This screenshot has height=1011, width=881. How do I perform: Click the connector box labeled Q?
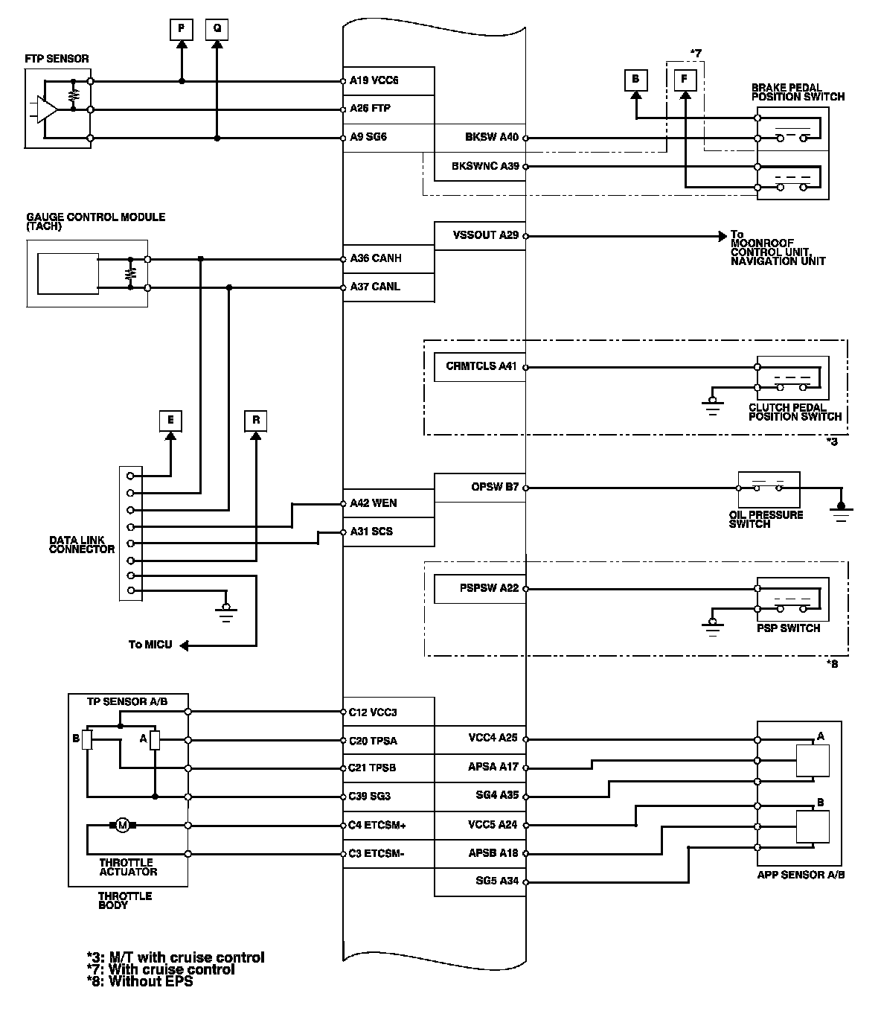point(217,28)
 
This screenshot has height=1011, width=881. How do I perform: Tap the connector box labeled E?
point(170,421)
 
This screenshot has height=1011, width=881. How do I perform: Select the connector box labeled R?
point(256,421)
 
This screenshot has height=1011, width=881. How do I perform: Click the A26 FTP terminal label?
point(370,109)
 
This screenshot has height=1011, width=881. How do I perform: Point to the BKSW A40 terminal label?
point(491,137)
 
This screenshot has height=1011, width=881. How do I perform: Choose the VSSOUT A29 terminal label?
point(485,235)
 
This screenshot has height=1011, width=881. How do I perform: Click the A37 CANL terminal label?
point(374,287)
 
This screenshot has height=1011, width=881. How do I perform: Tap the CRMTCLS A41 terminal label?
point(481,366)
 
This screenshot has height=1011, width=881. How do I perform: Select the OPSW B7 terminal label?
point(495,488)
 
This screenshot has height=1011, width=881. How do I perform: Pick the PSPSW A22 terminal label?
point(488,588)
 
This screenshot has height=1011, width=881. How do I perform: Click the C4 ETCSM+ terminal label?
point(377,825)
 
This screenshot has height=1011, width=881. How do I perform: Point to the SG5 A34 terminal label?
point(497,881)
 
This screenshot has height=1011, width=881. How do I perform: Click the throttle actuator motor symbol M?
point(123,825)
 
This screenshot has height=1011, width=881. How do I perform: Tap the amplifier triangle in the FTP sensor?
point(45,110)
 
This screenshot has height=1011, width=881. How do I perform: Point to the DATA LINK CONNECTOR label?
point(82,545)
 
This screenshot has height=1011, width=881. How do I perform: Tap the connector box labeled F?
point(685,79)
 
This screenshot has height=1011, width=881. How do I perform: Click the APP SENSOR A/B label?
point(801,875)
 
